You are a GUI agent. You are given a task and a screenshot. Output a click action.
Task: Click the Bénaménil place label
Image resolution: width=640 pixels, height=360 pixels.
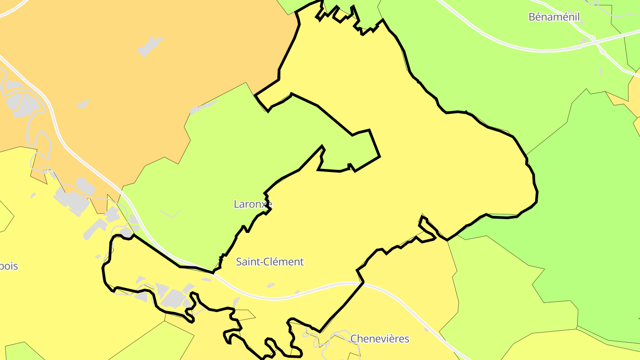point(554,17)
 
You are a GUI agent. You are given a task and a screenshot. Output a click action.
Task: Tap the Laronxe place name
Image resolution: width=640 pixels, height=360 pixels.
point(252,204)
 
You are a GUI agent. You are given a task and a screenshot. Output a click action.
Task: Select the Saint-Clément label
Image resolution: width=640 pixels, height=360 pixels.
point(269,262)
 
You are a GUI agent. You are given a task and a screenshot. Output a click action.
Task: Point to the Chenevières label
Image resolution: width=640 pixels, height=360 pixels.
point(380,339)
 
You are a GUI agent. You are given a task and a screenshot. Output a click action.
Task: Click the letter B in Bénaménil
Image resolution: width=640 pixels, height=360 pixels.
point(532,17)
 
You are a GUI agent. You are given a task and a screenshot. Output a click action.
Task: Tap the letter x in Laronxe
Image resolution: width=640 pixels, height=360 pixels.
point(264,204)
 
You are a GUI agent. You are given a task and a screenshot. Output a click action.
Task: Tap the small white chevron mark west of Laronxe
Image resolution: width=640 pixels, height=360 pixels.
point(170,214)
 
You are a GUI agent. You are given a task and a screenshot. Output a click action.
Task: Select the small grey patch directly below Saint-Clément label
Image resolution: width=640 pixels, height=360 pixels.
point(271,285)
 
